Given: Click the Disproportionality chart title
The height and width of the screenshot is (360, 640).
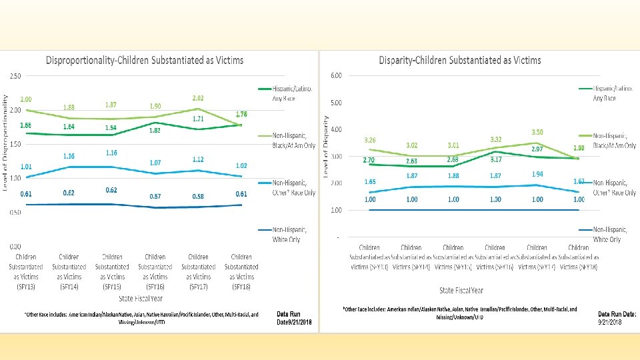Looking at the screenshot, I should pyautogui.click(x=145, y=60).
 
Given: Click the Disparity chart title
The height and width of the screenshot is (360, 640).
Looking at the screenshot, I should pyautogui.click(x=460, y=60).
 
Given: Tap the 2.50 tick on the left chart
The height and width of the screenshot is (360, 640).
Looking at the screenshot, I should pyautogui.click(x=13, y=75).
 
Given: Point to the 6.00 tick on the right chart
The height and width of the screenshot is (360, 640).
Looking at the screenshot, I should pyautogui.click(x=337, y=75).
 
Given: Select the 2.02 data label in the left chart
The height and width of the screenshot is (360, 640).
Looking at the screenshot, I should pyautogui.click(x=198, y=98).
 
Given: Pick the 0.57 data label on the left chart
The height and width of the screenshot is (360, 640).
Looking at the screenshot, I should pyautogui.click(x=155, y=197).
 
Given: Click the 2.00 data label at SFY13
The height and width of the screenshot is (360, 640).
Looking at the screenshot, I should pyautogui.click(x=26, y=99).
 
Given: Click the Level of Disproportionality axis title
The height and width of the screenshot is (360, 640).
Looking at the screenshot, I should pyautogui.click(x=5, y=142).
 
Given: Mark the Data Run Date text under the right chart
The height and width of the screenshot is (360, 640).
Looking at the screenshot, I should pyautogui.click(x=617, y=317).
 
